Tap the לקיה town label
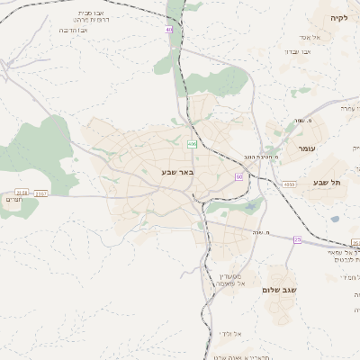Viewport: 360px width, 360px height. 338,17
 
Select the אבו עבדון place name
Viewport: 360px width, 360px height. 294,52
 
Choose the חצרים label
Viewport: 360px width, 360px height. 13,200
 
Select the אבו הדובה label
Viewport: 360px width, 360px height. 73,30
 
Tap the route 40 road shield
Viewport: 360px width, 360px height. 168,29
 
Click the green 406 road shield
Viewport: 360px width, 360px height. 192,144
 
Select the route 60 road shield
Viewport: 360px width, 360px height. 238,176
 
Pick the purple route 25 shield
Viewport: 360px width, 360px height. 297,238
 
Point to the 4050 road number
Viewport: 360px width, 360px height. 289,184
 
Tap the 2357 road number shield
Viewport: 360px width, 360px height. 41,192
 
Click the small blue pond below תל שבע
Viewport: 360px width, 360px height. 335,219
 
